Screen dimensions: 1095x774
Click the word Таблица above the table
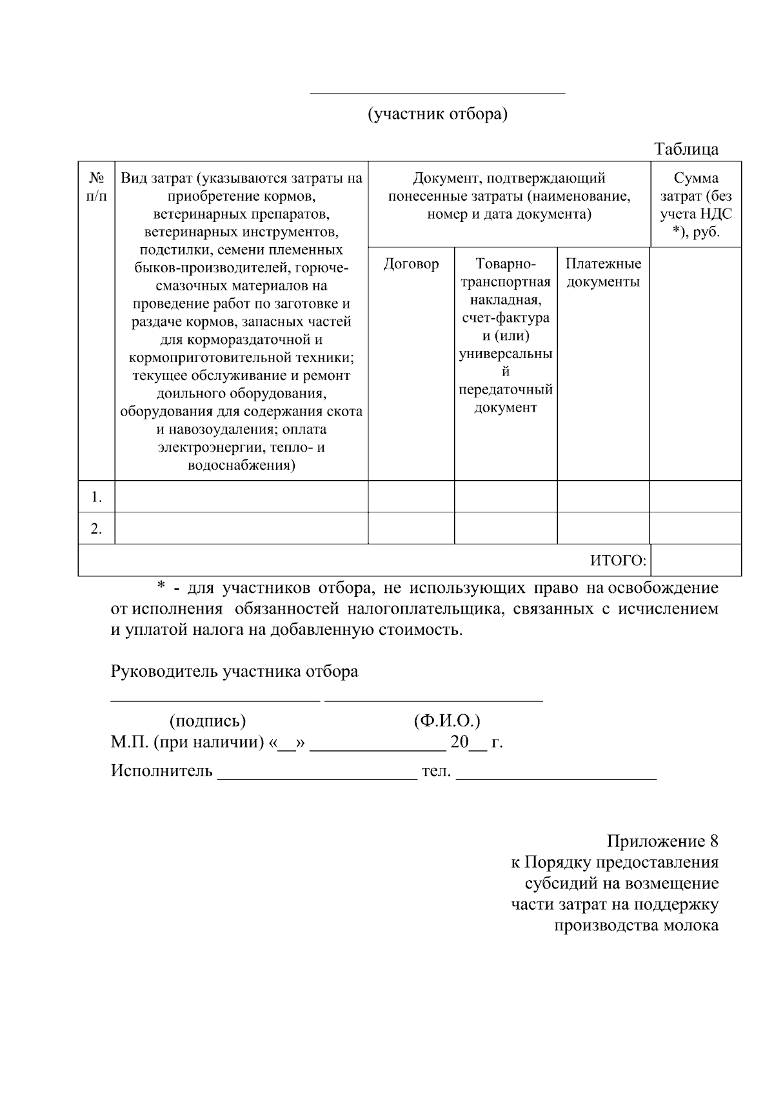(x=686, y=150)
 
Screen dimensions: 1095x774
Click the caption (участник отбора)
(x=438, y=114)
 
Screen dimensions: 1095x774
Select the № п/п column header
(x=97, y=186)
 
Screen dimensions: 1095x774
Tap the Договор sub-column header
(x=411, y=264)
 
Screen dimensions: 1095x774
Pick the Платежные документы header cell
(x=603, y=272)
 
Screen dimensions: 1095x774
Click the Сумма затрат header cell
(x=696, y=205)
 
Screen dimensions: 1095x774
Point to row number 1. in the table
(x=97, y=497)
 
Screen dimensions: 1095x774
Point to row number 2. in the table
(x=97, y=528)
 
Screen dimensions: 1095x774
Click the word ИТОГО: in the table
(x=618, y=561)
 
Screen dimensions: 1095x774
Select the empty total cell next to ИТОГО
(x=696, y=560)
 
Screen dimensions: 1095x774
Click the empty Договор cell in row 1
(x=411, y=497)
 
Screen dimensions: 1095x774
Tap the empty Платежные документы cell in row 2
(x=603, y=528)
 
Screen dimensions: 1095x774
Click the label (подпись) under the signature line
(x=208, y=721)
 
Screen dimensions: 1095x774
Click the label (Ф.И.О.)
(x=447, y=721)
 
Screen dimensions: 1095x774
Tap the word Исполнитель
(x=162, y=770)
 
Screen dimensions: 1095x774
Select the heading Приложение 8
(x=662, y=841)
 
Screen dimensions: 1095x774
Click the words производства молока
(x=636, y=925)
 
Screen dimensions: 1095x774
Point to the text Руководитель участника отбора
(x=235, y=672)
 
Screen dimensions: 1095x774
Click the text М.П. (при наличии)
(x=188, y=742)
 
